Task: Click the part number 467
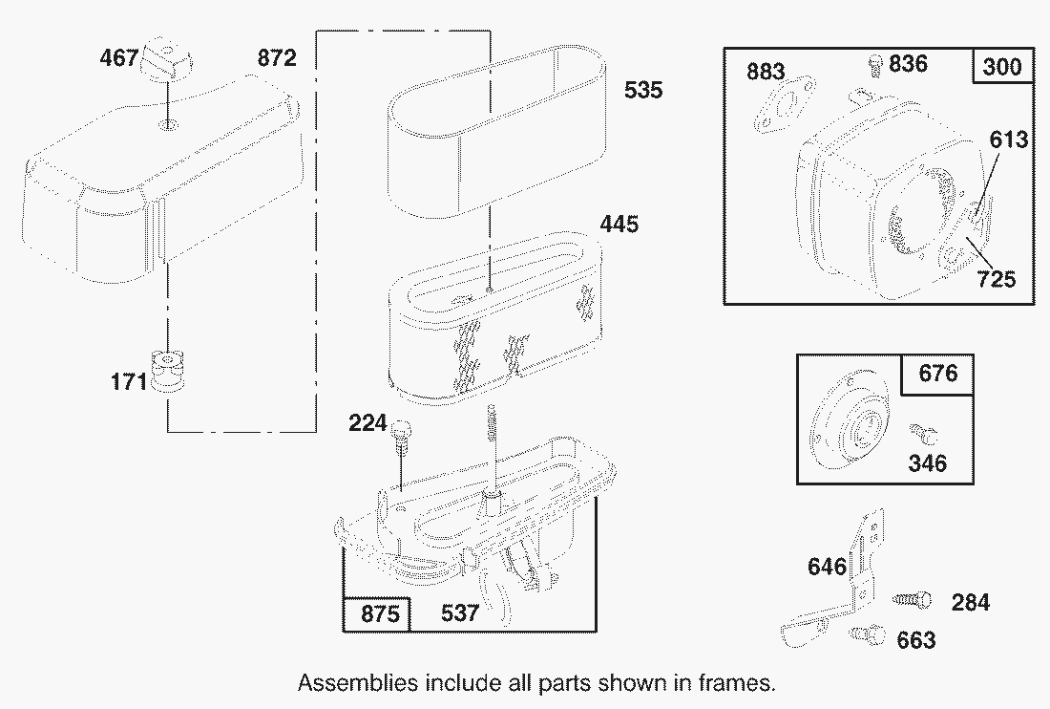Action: (x=118, y=57)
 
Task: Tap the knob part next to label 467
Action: (x=166, y=58)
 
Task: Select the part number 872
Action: (x=277, y=58)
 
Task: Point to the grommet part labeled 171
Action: (x=167, y=371)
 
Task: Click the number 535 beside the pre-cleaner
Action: (x=643, y=90)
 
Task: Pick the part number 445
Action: (x=619, y=224)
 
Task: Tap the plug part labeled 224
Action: (x=401, y=435)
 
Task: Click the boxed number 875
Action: (x=380, y=613)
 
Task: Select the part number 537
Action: (x=460, y=612)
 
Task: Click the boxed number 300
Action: (x=1002, y=66)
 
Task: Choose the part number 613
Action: (x=1009, y=140)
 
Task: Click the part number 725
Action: (x=997, y=279)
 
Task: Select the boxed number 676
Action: (x=938, y=373)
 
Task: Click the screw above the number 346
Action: (x=925, y=434)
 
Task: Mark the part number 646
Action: (x=827, y=567)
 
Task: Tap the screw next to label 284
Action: (x=912, y=599)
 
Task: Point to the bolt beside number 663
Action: (x=868, y=634)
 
